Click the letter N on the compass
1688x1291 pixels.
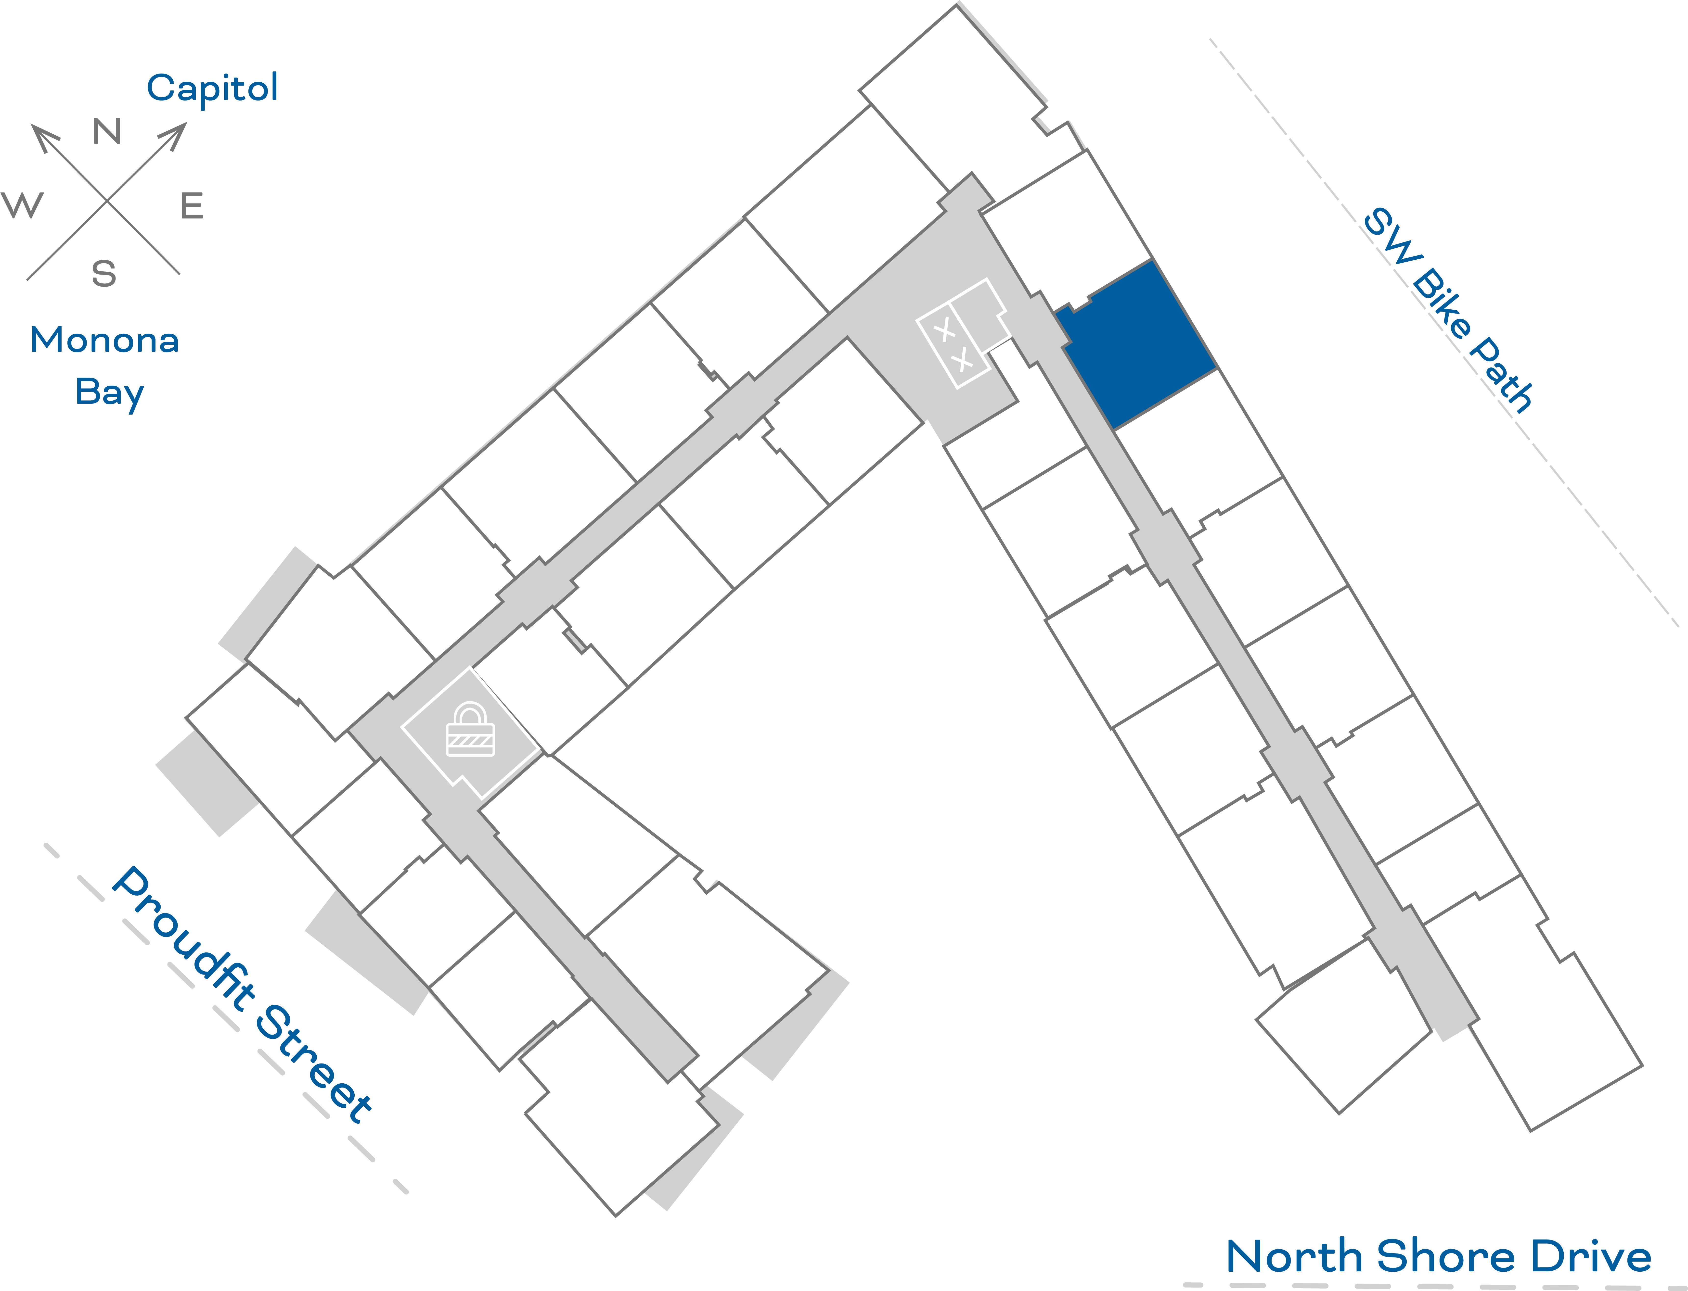107,131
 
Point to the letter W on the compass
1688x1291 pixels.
23,205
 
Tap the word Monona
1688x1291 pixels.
104,340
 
